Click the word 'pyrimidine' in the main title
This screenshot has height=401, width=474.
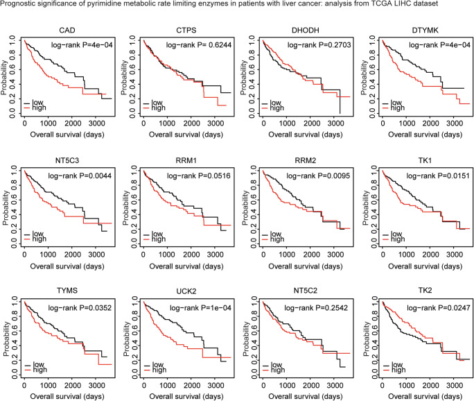click(x=111, y=6)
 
